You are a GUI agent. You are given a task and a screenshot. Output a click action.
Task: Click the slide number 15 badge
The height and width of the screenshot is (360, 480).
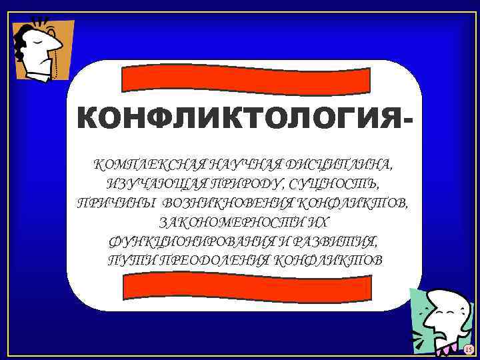pos(468,349)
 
